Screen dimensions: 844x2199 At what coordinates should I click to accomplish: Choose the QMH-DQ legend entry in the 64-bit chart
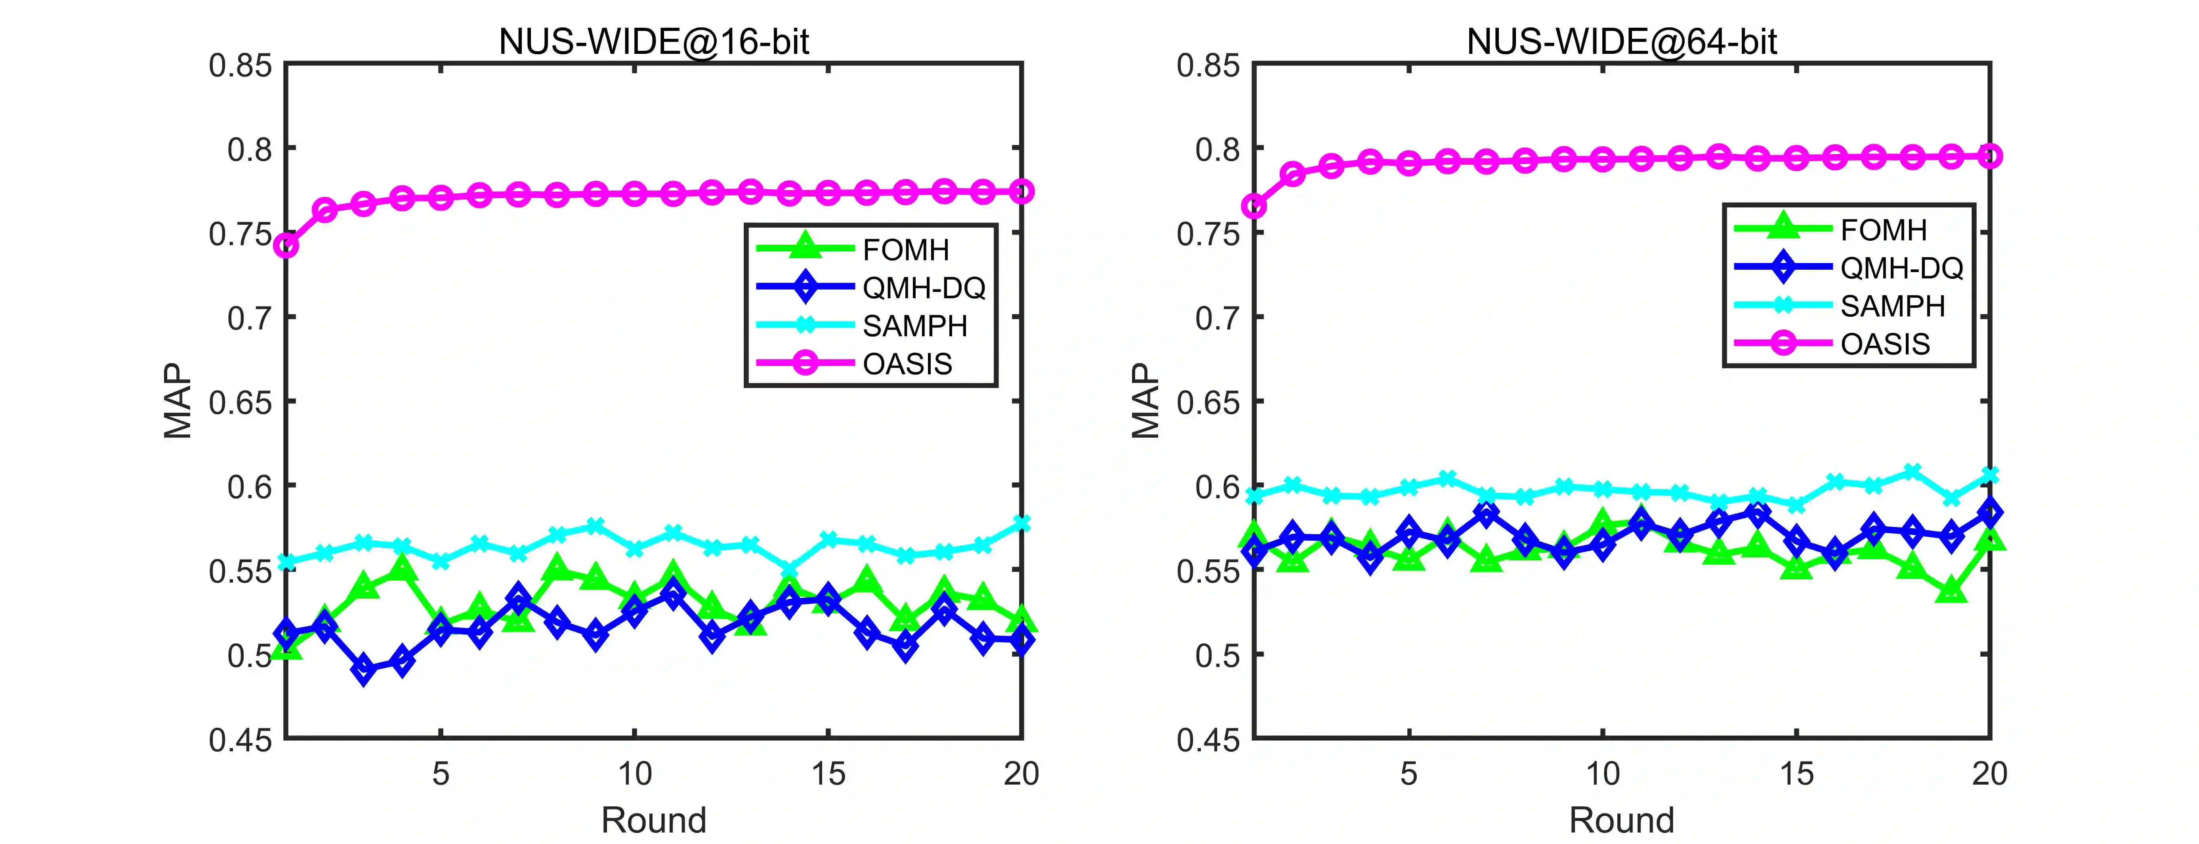(x=1901, y=268)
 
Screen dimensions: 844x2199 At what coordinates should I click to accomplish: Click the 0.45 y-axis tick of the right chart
(x=1208, y=739)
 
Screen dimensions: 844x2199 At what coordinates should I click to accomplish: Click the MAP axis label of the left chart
(x=178, y=401)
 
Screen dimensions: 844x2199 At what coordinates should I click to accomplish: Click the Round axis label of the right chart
(x=1621, y=820)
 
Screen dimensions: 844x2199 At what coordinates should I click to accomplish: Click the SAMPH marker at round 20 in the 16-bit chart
(x=1021, y=523)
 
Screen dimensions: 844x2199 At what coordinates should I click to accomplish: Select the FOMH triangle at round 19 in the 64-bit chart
(x=1951, y=590)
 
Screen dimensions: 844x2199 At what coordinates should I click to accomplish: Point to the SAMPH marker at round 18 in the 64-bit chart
(x=1912, y=472)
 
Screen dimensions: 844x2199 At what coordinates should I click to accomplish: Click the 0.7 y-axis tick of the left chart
(x=249, y=318)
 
